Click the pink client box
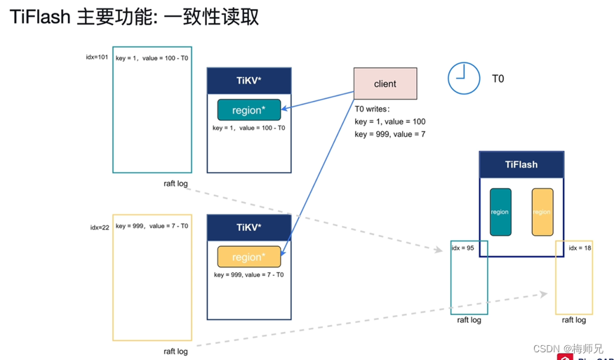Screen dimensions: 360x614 point(385,84)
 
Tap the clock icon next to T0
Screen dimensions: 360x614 point(464,78)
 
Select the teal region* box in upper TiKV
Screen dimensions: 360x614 point(249,110)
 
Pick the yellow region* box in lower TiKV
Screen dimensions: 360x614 point(249,257)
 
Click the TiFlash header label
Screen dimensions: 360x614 point(521,164)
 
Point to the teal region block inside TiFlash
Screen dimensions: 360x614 point(500,211)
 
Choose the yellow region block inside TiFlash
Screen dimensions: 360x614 point(542,211)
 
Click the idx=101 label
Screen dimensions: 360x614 point(97,58)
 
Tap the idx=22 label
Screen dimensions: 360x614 point(100,227)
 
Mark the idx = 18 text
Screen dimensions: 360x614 point(580,248)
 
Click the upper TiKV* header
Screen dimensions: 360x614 point(249,81)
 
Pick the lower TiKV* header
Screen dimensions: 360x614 point(249,227)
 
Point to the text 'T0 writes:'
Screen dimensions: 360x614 point(373,109)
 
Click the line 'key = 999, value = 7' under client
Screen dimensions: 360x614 point(390,134)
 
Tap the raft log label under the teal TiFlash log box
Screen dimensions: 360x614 point(469,320)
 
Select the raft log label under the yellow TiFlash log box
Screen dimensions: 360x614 point(573,320)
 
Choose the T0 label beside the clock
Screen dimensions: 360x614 point(498,79)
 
